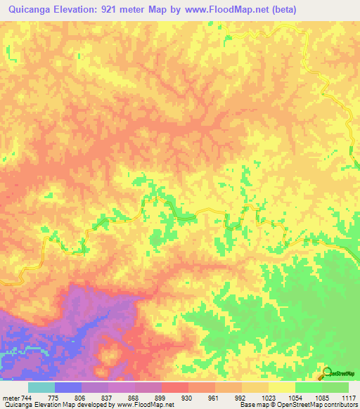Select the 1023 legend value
coord(267,398)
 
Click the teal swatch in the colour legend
coord(41,387)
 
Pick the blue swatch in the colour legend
coord(68,387)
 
